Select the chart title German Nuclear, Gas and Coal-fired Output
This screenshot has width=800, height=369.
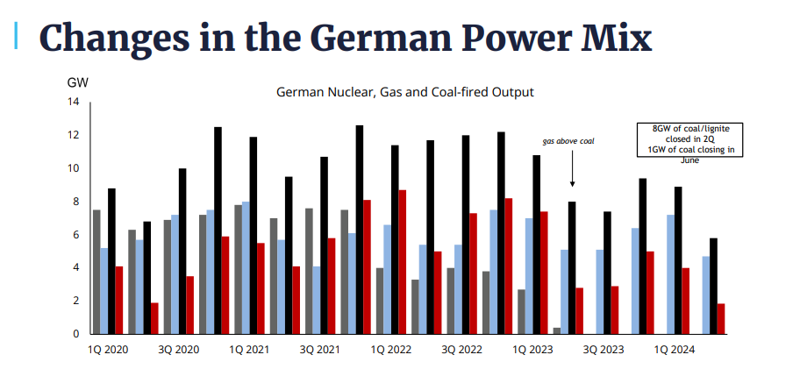404,91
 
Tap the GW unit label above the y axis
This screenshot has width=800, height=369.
77,83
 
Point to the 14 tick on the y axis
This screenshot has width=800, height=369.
74,103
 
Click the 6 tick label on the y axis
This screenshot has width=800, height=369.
76,235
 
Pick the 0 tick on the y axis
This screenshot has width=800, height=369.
76,334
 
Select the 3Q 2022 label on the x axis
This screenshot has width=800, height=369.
461,350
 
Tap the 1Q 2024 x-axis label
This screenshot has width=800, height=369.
673,350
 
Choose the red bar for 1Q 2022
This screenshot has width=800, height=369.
402,262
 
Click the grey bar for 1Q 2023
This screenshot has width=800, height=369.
522,311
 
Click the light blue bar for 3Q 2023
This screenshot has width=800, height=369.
600,292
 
